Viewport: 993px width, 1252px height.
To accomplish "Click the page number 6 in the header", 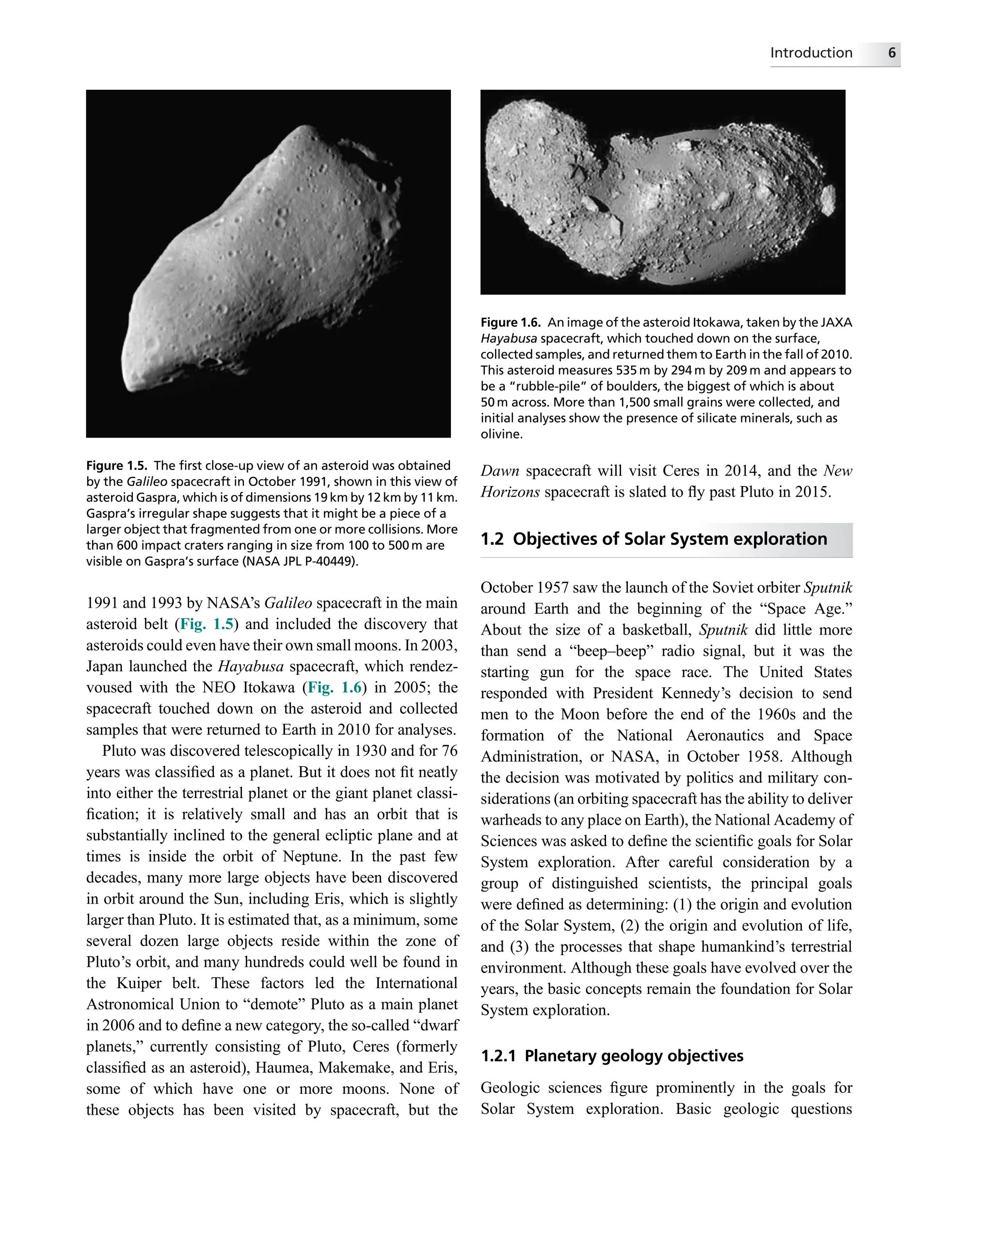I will [892, 53].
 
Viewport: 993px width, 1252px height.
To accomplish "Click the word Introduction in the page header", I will [811, 53].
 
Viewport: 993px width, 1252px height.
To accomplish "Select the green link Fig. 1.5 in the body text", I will [207, 624].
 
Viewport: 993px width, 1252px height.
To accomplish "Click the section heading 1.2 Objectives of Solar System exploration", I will [654, 539].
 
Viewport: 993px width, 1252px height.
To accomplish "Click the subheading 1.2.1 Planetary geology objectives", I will [612, 1056].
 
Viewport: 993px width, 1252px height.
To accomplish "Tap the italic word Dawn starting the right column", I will [499, 471].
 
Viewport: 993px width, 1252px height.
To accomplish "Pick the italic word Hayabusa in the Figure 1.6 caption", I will [509, 339].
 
